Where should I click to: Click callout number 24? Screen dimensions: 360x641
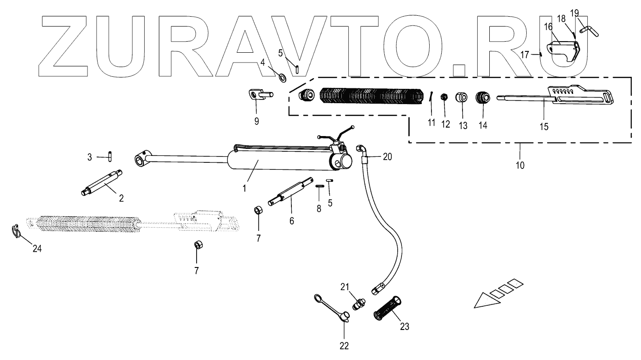pyautogui.click(x=37, y=249)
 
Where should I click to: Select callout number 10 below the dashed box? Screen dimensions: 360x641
pyautogui.click(x=520, y=164)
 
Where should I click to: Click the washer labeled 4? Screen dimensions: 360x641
pyautogui.click(x=282, y=76)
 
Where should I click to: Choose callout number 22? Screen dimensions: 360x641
pyautogui.click(x=344, y=345)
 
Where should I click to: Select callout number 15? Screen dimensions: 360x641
pyautogui.click(x=544, y=126)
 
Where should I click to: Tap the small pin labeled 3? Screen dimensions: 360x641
pyautogui.click(x=111, y=157)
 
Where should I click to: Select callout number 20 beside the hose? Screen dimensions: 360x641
pyautogui.click(x=388, y=156)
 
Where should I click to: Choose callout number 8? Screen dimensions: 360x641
pyautogui.click(x=318, y=208)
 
